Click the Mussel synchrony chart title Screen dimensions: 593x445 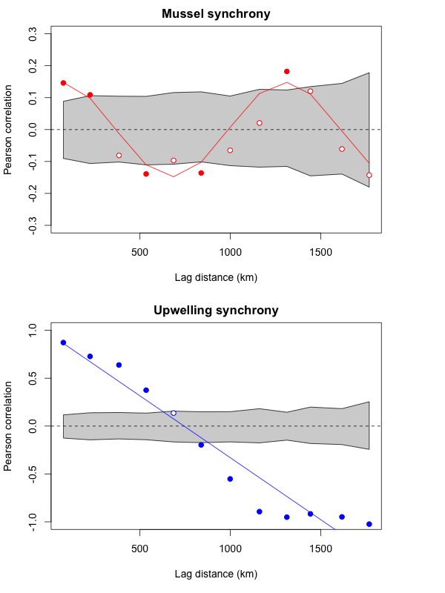216,13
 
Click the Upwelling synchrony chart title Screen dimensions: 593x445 216,310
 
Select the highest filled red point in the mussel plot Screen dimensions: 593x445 286,71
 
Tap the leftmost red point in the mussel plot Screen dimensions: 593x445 63,83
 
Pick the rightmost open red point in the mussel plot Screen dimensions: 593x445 369,175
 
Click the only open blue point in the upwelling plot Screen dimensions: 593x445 174,413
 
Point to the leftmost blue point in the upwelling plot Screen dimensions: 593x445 63,342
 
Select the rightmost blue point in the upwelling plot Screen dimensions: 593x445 369,524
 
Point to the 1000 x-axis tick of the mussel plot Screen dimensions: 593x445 230,251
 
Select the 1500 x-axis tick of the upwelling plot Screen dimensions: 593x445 320,548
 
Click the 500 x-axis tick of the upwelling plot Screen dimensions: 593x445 140,548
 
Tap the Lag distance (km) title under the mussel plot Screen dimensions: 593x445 216,277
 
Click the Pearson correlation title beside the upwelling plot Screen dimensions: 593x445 9,426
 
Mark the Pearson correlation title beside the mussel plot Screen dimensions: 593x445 9,130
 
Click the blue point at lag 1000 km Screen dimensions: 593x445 230,479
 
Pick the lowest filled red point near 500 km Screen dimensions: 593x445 146,174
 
